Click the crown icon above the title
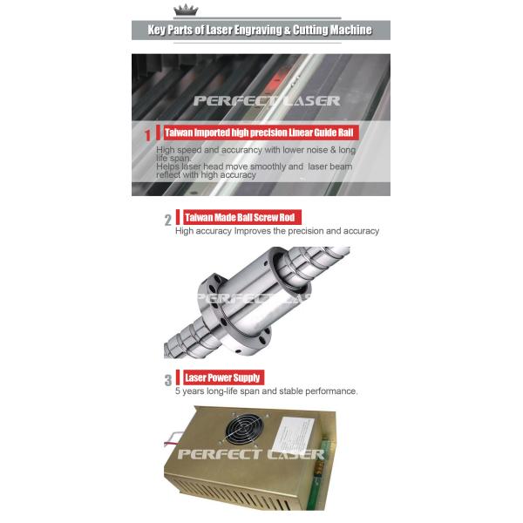point(186,10)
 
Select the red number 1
point(147,135)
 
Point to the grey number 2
point(167,220)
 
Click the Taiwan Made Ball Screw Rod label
point(242,217)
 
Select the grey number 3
point(168,380)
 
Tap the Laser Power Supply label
point(223,377)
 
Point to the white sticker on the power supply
point(294,434)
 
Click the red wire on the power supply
point(172,444)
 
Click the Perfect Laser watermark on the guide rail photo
point(267,101)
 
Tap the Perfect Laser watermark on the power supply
point(251,454)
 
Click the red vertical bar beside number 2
point(178,217)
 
